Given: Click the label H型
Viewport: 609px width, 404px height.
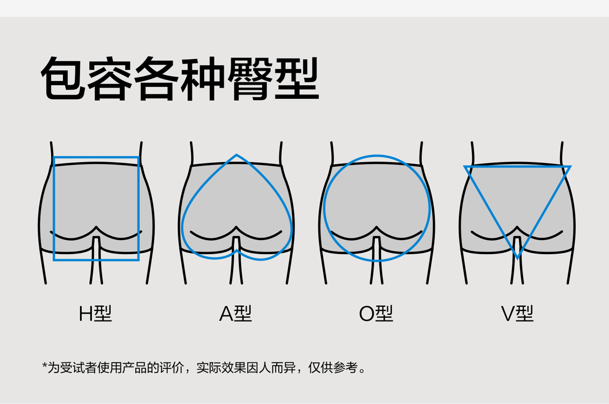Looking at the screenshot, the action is click(x=95, y=314).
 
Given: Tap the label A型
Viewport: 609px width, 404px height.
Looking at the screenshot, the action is click(x=236, y=314).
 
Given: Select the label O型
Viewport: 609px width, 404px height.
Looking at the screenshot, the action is click(x=376, y=314).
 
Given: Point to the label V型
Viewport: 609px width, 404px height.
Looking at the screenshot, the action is click(x=517, y=314).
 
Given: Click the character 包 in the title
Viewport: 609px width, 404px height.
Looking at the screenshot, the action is click(x=63, y=79).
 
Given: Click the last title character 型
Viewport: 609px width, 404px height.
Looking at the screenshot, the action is click(x=296, y=79).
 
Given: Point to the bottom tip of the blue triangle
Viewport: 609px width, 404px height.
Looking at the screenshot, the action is click(x=517, y=257).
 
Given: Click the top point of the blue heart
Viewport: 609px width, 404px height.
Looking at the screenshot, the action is click(x=236, y=155).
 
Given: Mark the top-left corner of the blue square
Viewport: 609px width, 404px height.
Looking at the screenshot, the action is click(x=54, y=158).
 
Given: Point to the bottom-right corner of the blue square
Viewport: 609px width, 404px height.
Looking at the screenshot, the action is click(x=138, y=259).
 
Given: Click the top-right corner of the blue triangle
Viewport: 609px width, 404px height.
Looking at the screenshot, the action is click(x=570, y=167).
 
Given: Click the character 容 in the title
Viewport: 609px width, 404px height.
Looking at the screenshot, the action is click(x=110, y=79).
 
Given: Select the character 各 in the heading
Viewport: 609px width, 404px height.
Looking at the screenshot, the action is click(x=156, y=79).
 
